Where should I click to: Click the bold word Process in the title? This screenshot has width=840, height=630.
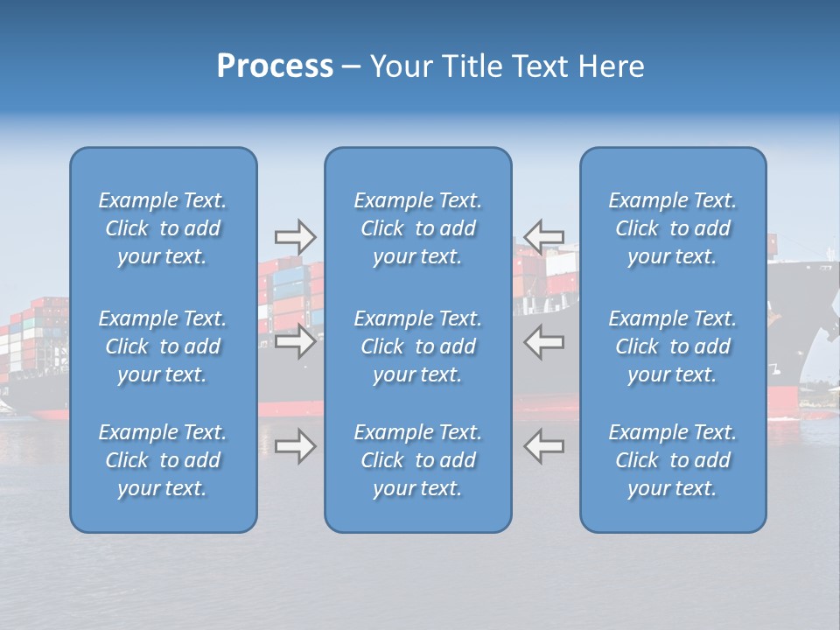pos(275,66)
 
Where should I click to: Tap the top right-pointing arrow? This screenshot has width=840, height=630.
pos(295,236)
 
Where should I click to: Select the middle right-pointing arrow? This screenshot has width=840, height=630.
pos(295,341)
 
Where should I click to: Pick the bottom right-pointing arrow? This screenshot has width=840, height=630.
pos(295,446)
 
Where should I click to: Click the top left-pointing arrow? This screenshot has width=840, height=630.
pos(543,236)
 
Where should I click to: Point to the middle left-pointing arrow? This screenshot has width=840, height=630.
pos(543,341)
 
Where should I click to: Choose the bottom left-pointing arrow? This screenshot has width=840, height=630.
pos(543,446)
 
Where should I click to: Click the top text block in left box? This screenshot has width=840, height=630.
pos(163,228)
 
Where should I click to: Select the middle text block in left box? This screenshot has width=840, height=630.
pos(163,346)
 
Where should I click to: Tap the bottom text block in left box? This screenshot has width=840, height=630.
pos(163,460)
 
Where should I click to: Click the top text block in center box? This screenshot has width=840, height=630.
pos(417,228)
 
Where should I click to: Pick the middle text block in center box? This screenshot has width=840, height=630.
pos(417,346)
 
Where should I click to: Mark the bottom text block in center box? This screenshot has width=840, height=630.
pos(417,460)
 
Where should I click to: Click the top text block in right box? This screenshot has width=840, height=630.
pos(672,228)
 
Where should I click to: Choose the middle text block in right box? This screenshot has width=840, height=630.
pos(672,346)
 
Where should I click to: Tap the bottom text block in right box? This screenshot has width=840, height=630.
pos(672,460)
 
